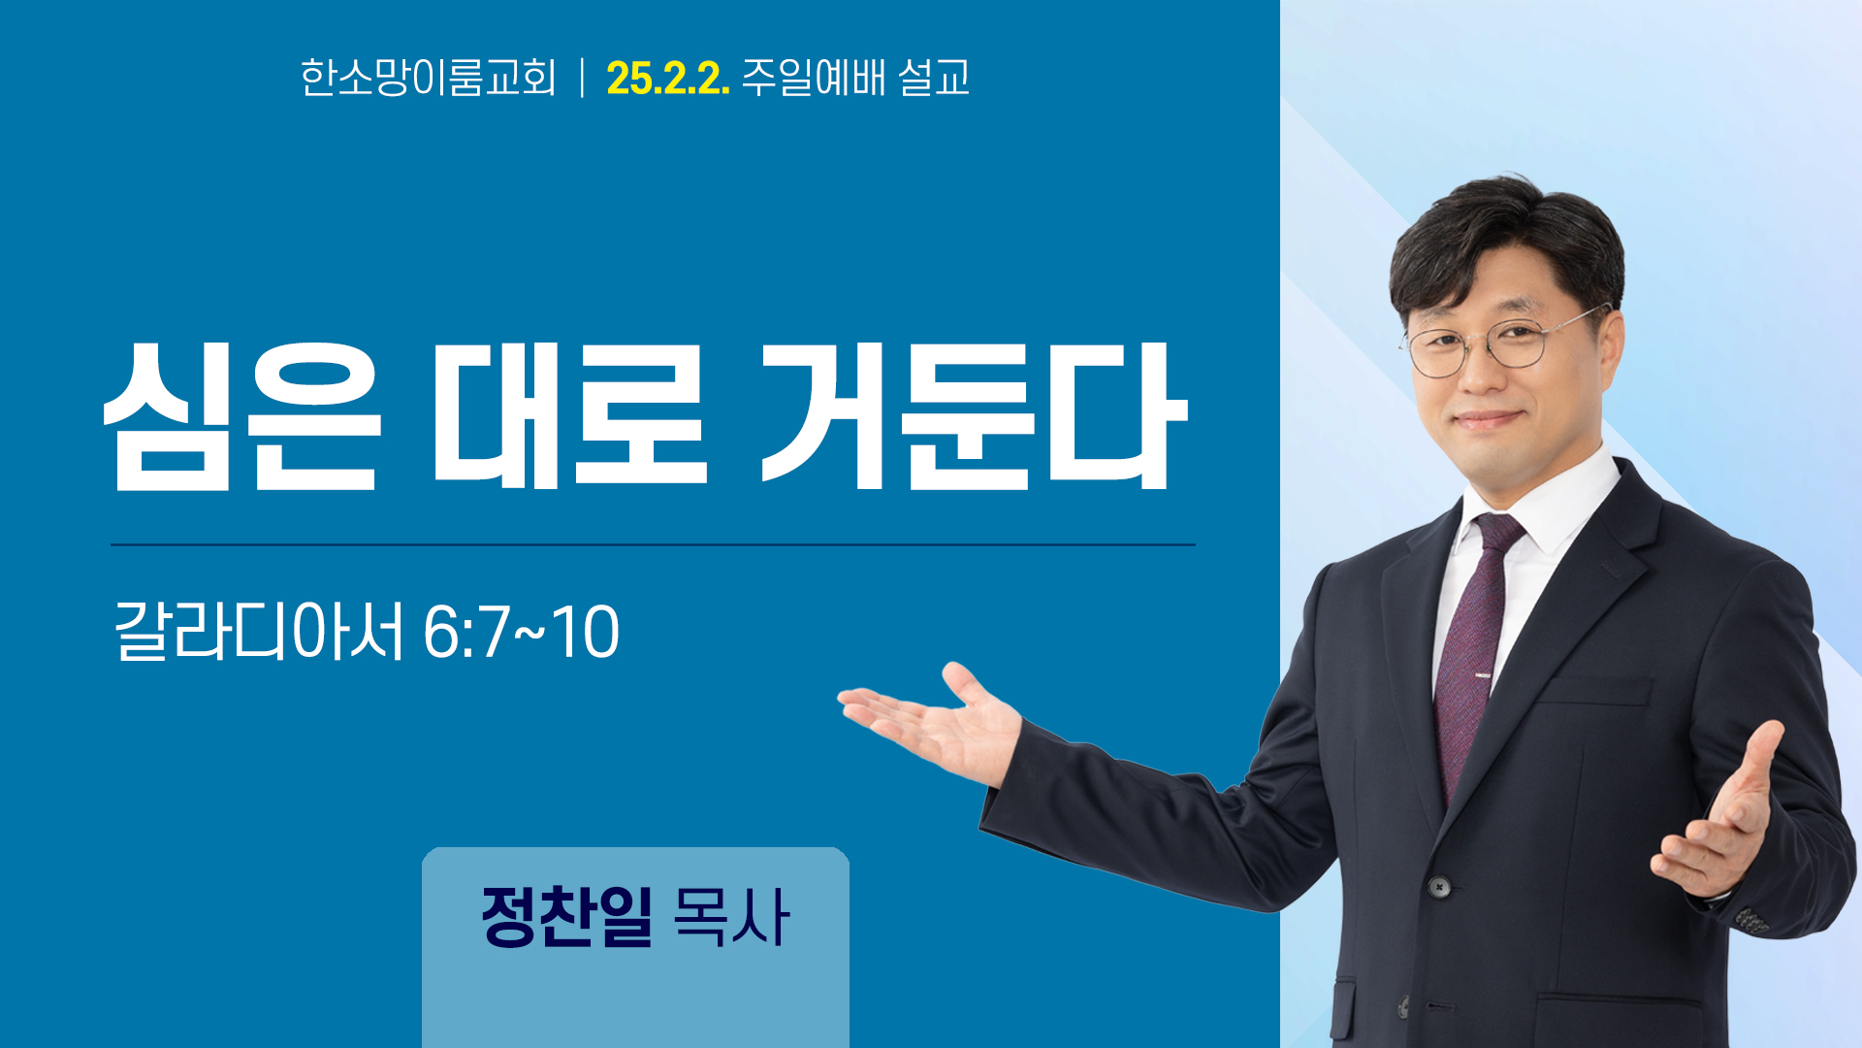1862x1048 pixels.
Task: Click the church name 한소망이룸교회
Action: tap(428, 78)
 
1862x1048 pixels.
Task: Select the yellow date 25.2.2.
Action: tap(667, 79)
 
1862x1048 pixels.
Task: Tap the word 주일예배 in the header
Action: tap(814, 78)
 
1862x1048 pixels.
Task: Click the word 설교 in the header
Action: tap(934, 78)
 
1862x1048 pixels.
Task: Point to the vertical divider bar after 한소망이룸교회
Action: tap(582, 78)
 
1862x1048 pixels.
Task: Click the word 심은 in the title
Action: tap(242, 416)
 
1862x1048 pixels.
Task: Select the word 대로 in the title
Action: tap(569, 414)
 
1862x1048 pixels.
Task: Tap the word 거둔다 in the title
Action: tap(974, 415)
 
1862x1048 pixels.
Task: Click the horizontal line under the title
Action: tap(653, 545)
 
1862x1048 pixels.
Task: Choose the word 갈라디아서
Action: tap(259, 632)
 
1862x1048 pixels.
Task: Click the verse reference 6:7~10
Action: tap(521, 633)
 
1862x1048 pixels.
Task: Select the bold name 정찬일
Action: tap(567, 916)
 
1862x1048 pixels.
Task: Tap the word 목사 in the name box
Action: tap(730, 916)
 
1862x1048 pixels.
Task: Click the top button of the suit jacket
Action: tap(1439, 887)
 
